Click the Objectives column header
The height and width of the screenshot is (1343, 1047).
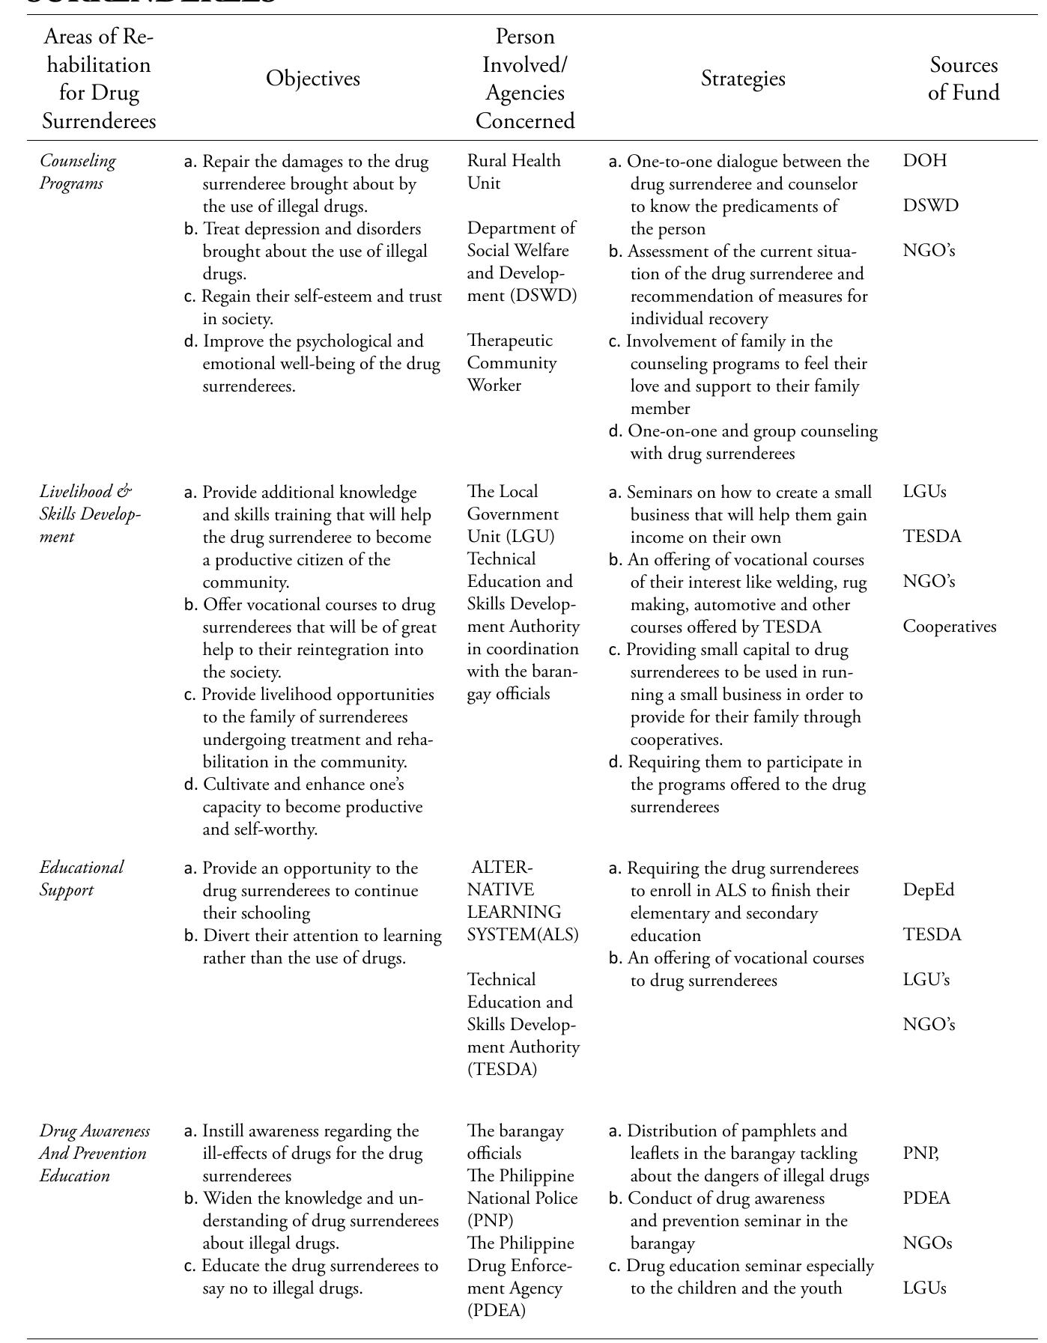pos(313,79)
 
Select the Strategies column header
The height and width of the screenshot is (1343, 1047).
pos(743,79)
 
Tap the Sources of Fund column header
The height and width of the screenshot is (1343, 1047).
pos(963,79)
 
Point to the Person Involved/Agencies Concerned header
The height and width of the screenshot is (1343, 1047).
pos(525,79)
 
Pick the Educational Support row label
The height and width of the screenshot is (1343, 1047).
pos(82,879)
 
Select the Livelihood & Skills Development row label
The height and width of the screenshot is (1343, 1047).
pos(89,514)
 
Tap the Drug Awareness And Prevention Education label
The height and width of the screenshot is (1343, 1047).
pos(94,1153)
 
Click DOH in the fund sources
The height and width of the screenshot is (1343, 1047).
pos(925,161)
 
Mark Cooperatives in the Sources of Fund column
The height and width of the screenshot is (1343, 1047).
pos(950,627)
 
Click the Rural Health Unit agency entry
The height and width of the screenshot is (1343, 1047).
pos(514,172)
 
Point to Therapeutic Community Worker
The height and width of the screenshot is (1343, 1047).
pos(512,363)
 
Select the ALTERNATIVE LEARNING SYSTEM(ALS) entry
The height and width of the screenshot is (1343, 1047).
pos(523,901)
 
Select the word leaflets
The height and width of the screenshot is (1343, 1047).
pos(657,1154)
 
